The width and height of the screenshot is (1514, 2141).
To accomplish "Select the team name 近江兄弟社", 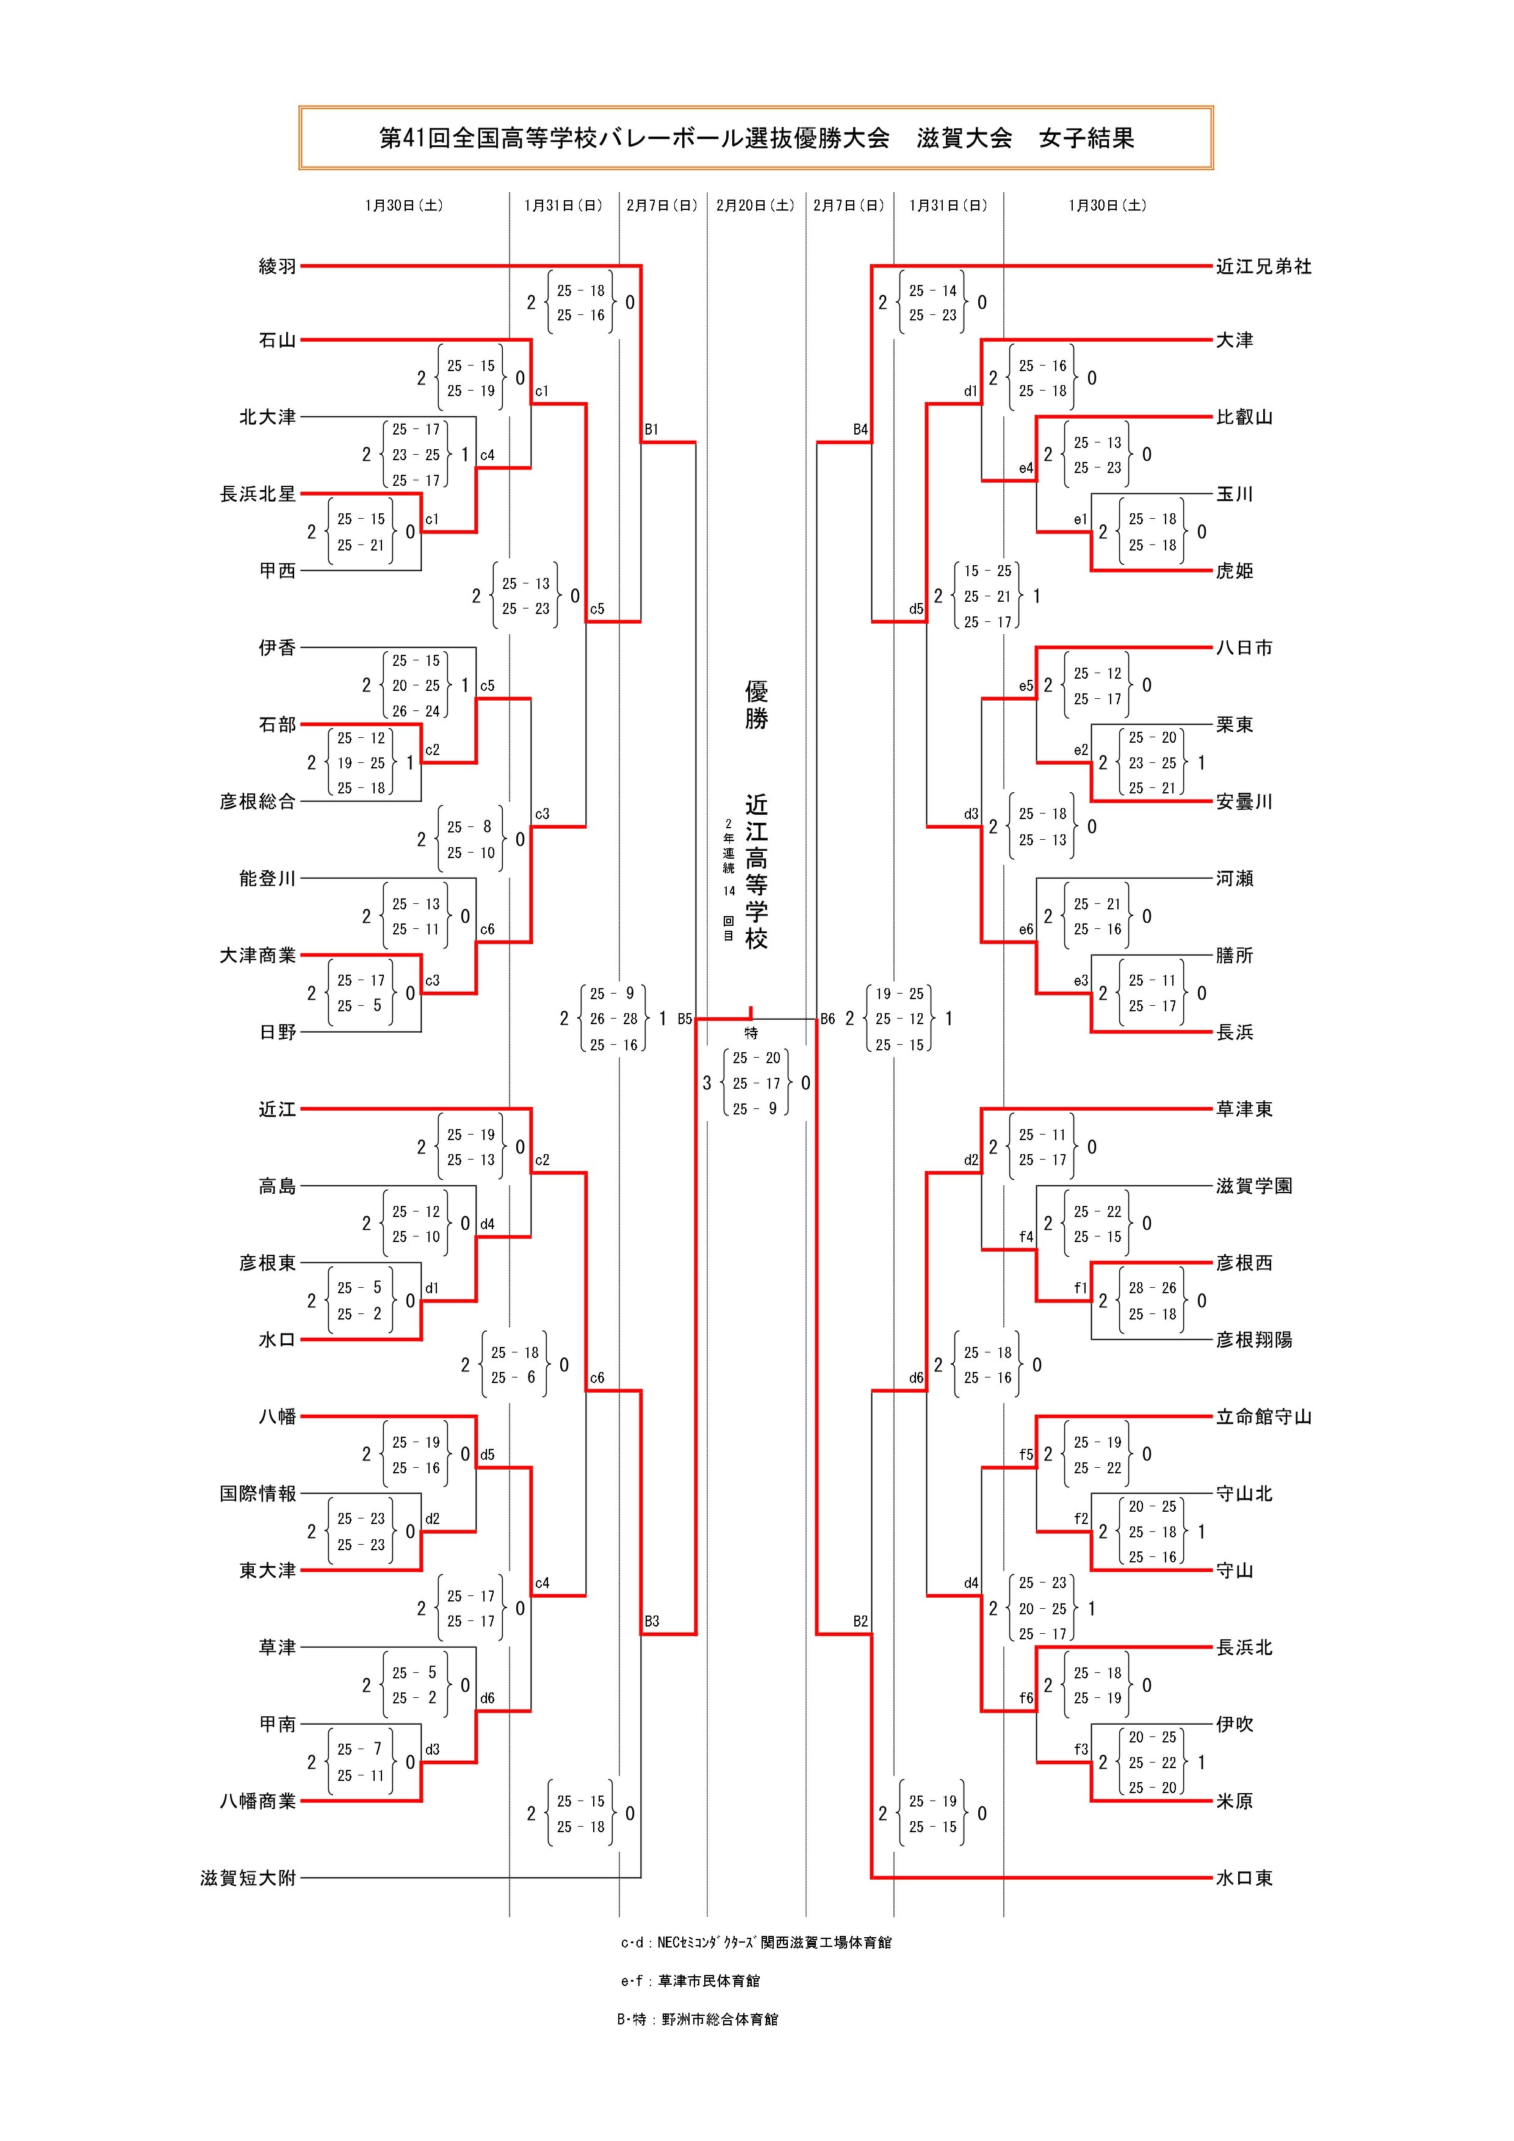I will coord(1263,267).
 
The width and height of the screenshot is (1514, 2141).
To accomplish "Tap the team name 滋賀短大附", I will coord(248,1878).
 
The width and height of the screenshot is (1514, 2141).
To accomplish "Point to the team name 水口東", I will coord(1244,1878).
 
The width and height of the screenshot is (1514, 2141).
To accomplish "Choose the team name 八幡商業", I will coord(258,1800).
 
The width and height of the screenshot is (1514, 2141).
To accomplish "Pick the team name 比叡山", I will coord(1244,417).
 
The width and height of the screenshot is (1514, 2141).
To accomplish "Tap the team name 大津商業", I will coord(258,955).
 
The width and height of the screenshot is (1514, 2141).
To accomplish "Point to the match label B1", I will coord(651,430).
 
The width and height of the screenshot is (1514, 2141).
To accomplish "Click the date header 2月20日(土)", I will coord(755,205).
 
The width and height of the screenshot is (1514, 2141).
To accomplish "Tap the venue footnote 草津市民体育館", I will coord(708,1980).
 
